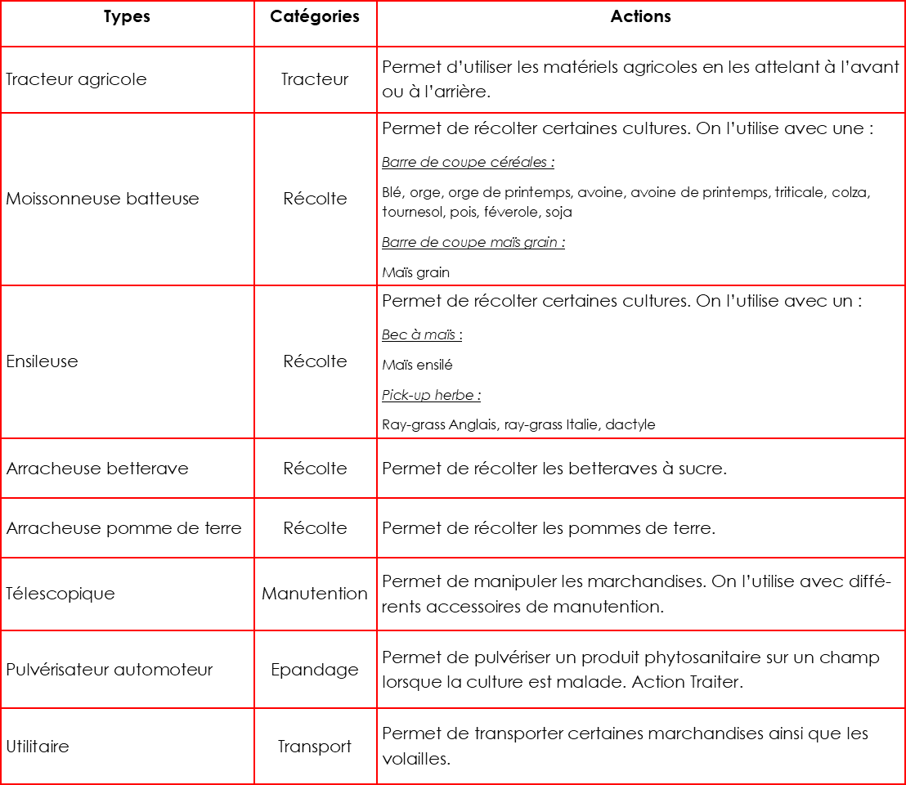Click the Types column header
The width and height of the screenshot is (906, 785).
(127, 17)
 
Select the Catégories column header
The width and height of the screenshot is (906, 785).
(315, 17)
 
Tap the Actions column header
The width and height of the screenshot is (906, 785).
(640, 17)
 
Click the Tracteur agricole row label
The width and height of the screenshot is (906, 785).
(76, 79)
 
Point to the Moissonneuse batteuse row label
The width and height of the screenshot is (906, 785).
(102, 199)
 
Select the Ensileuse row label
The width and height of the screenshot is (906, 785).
(42, 361)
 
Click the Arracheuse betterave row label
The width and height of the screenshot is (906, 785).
(97, 469)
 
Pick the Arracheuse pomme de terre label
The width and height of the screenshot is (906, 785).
(123, 528)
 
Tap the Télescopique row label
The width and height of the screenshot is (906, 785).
(61, 594)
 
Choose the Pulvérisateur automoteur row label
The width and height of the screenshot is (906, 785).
(110, 670)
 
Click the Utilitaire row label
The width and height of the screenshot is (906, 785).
(38, 747)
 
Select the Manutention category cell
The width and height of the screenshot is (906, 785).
(315, 594)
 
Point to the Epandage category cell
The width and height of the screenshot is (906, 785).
(315, 670)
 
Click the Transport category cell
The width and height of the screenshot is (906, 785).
(315, 747)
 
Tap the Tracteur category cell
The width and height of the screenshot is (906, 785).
(315, 79)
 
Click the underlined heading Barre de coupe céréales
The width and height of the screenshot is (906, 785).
(468, 162)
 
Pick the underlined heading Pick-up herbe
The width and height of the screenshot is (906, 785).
(431, 396)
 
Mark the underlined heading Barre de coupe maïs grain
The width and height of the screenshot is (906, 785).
(473, 242)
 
